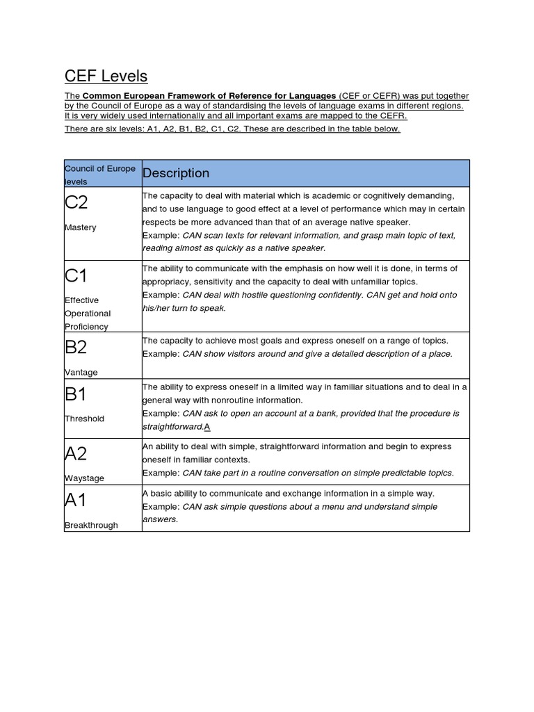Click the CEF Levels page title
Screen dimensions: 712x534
tap(106, 76)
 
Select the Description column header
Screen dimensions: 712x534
tap(176, 173)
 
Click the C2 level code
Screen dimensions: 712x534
tap(76, 204)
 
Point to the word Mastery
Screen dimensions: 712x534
tap(80, 227)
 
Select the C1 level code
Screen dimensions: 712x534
tap(76, 276)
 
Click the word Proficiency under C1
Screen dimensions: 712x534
tap(87, 326)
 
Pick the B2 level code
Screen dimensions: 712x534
tap(76, 348)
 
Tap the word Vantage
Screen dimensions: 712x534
tap(81, 372)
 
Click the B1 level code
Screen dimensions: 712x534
tap(76, 394)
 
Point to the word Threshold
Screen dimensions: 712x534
tap(84, 419)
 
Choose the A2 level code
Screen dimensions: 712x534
tap(76, 454)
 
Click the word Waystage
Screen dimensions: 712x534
tap(84, 478)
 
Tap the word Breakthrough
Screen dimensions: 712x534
tap(91, 525)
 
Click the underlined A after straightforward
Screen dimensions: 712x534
tap(207, 427)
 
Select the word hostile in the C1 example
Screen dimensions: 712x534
tap(252, 295)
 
